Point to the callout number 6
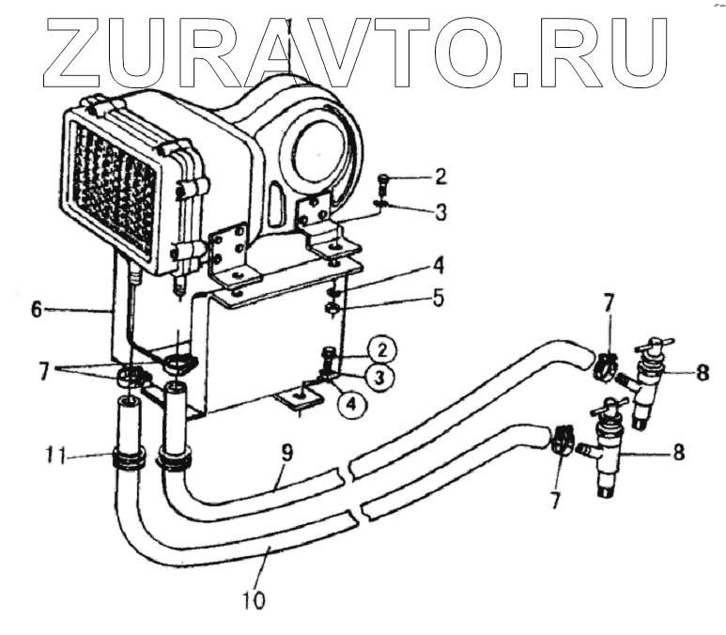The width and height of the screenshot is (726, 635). [x=37, y=307]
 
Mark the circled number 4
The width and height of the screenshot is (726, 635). [x=349, y=405]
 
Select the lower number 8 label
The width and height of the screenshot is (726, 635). [x=677, y=452]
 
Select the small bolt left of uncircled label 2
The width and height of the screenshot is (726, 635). [x=382, y=179]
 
